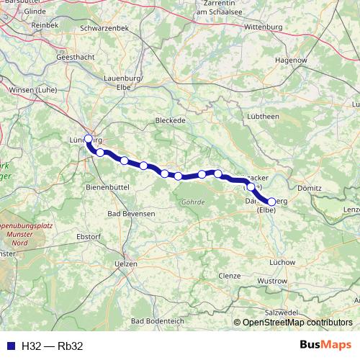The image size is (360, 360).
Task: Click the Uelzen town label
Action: coord(127,264)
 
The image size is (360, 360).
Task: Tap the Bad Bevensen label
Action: coord(131,214)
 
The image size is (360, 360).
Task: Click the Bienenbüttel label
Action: coord(107,186)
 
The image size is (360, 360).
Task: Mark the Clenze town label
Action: coord(230,276)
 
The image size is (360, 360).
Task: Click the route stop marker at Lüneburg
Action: coord(89,139)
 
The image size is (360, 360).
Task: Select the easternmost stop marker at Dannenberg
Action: coord(271,202)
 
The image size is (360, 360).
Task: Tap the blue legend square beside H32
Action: coord(9,346)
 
